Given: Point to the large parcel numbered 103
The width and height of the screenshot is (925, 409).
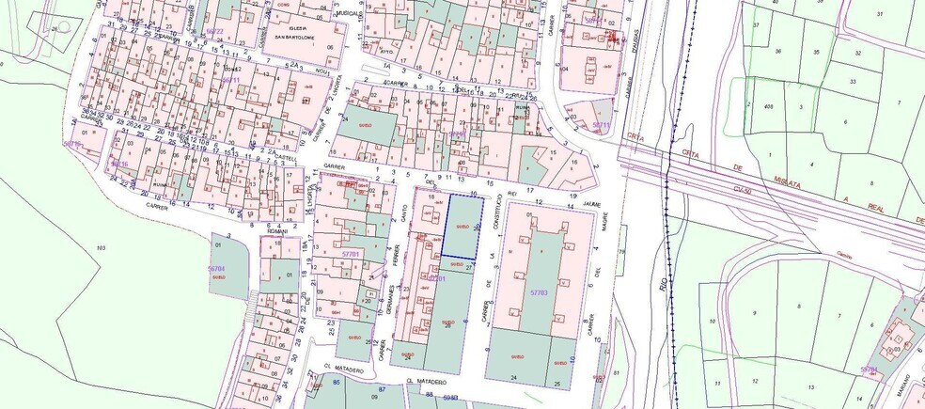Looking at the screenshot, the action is pos(101,246).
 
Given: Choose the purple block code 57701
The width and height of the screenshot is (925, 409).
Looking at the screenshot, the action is pos(352,254).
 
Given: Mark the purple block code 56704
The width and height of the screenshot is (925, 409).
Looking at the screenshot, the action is pos(217,269).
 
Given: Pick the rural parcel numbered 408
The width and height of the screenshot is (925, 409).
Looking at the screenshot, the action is pos(769,107).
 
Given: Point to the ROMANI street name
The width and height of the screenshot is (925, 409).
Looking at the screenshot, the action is pos(276,229).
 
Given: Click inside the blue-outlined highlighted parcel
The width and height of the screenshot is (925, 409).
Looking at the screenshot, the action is pos(462,227).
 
